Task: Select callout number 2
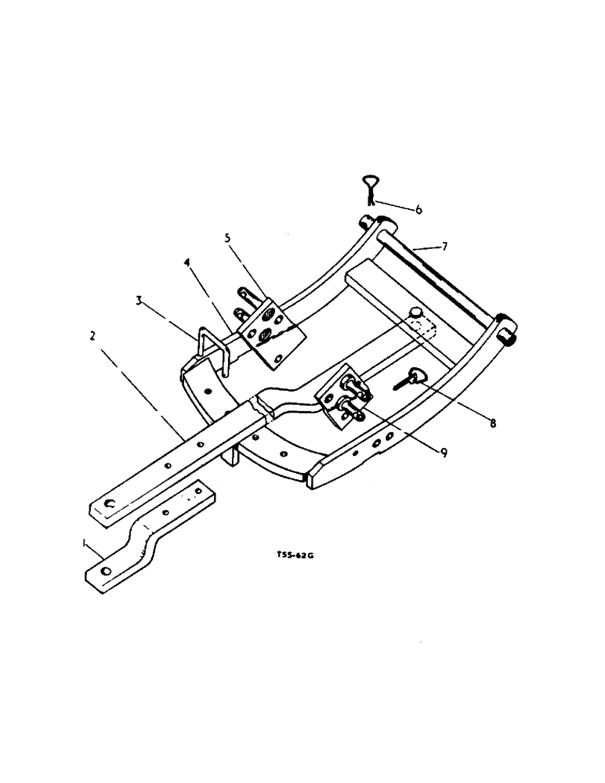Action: click(x=92, y=336)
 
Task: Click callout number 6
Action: click(x=418, y=209)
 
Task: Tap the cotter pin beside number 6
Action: click(x=369, y=189)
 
